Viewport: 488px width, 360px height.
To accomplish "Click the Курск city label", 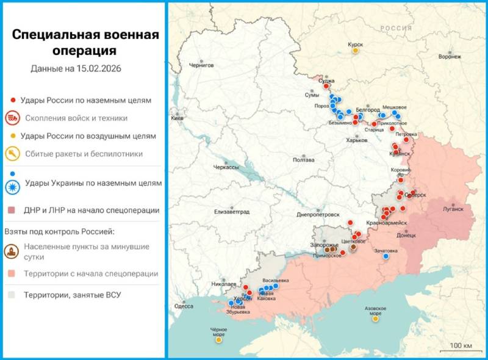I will point(355,45).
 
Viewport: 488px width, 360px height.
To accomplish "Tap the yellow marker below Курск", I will point(355,51).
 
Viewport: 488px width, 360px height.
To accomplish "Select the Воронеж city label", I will point(449,57).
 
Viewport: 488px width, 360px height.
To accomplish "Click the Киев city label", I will point(177,118).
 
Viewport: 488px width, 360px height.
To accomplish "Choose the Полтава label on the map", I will point(303,160).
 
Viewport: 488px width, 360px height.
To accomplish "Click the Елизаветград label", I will point(232,212).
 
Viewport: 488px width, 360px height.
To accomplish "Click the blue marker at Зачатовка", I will point(386,256).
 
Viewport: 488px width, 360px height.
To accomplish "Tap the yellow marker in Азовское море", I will point(375,319).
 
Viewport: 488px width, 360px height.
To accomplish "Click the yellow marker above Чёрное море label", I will point(218,340).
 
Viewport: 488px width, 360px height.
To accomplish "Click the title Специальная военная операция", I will point(85,42).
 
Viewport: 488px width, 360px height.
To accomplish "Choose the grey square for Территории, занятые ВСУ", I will point(12,295).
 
